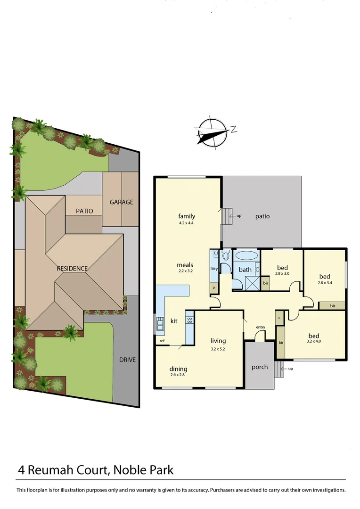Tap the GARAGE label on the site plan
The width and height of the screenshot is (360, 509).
pos(121,202)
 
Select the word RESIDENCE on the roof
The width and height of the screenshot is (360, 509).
pos(72,269)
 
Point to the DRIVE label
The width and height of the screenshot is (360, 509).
pos(127,360)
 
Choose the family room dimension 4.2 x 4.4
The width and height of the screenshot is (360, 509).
pos(187,222)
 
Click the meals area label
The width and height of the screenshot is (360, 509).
pos(185,265)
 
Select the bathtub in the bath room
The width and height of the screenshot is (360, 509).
pos(246,256)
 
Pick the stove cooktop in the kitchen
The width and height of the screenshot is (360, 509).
pos(189,319)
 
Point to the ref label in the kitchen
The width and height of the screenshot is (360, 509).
pos(162,340)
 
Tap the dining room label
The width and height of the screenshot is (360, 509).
pos(179,369)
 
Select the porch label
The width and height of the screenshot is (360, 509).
pos(259,367)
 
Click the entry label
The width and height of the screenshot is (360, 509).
pos(260,327)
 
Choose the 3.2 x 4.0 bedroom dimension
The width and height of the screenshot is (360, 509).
pos(313,341)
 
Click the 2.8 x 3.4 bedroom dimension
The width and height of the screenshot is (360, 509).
pos(325,283)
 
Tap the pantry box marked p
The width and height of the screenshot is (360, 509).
pos(213,287)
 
